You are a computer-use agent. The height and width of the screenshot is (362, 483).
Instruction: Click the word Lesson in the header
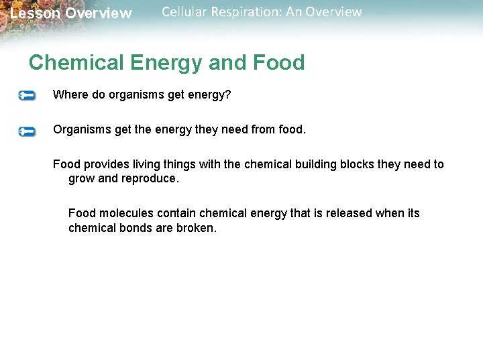pyautogui.click(x=34, y=13)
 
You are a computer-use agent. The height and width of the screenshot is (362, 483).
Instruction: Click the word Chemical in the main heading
pyautogui.click(x=76, y=63)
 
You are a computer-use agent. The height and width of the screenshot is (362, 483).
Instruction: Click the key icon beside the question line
pyautogui.click(x=27, y=96)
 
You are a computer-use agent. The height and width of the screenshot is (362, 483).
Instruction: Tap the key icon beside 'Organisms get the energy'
pyautogui.click(x=27, y=131)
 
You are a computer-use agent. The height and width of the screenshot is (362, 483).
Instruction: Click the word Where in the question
pyautogui.click(x=70, y=95)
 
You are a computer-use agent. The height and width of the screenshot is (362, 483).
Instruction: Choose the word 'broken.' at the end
pyautogui.click(x=198, y=228)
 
